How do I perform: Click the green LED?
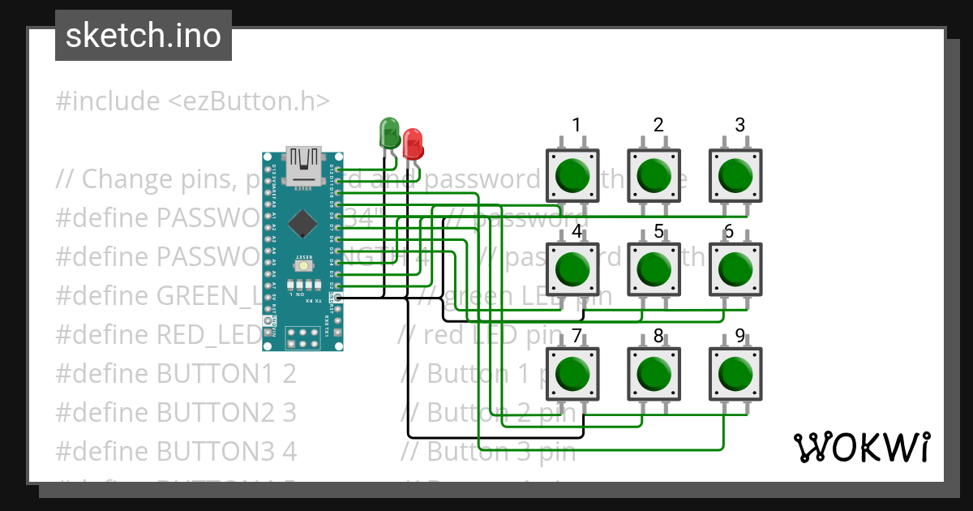(x=390, y=133)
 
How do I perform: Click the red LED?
(x=413, y=144)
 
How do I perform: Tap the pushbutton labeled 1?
(x=573, y=174)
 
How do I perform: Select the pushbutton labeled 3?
(x=735, y=174)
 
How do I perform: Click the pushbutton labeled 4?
(x=573, y=268)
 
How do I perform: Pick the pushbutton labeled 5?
(x=654, y=268)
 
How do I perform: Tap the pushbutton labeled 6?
(x=735, y=268)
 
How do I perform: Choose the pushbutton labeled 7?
(x=573, y=373)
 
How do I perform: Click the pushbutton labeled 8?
(x=654, y=373)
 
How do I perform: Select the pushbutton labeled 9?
(x=735, y=373)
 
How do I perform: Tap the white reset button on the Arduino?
(x=303, y=265)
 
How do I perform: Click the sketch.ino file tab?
(x=144, y=36)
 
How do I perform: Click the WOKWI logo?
(x=861, y=447)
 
